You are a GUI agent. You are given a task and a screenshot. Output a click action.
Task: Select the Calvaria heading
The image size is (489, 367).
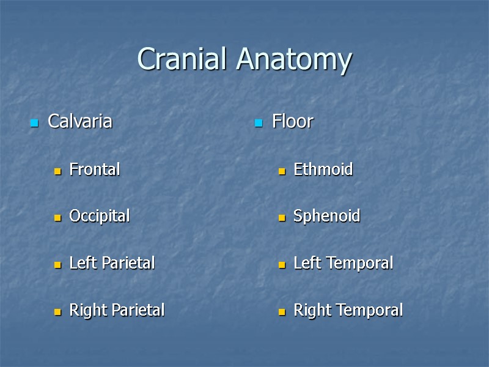tap(80, 122)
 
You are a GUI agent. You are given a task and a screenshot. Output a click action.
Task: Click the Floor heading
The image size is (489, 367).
tap(292, 122)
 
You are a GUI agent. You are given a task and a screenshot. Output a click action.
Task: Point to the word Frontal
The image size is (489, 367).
tap(95, 169)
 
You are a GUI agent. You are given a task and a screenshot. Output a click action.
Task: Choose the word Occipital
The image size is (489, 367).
tap(99, 217)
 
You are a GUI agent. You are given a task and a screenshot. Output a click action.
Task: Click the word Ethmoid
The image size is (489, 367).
tap(323, 169)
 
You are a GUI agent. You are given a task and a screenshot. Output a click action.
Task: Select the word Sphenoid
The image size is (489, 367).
tap(326, 217)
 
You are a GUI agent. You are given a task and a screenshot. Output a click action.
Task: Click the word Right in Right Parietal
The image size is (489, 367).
tap(84, 310)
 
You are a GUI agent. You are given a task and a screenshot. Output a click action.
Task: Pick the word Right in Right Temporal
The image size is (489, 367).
tap(309, 310)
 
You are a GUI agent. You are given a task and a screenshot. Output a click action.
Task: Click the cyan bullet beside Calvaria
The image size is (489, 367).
tap(34, 124)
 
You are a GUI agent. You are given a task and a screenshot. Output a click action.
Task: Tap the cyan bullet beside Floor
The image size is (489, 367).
tap(259, 124)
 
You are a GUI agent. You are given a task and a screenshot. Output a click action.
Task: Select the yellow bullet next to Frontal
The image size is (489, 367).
tap(57, 172)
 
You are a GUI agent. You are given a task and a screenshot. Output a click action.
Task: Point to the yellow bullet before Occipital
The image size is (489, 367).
tap(57, 218)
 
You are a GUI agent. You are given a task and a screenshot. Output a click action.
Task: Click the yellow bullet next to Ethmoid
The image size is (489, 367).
tap(282, 172)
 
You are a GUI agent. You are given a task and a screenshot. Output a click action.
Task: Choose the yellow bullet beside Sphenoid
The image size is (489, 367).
tap(282, 218)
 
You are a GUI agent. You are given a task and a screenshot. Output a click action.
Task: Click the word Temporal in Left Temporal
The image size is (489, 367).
tap(356, 264)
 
